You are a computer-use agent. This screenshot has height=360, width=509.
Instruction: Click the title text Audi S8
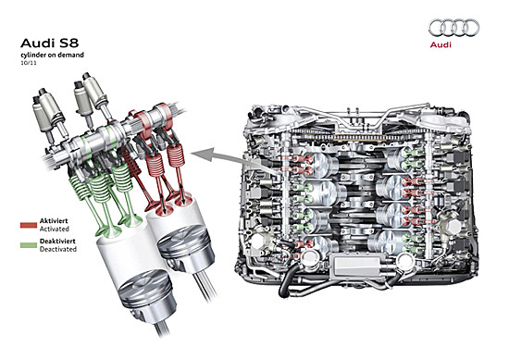coord(49,43)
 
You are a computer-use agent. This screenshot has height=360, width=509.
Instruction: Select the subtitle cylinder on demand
coord(52,55)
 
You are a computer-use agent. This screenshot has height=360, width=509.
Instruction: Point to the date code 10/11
coord(29,63)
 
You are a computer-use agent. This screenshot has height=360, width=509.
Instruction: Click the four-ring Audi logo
coord(453,28)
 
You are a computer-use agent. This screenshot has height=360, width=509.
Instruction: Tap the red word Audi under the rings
coord(441,44)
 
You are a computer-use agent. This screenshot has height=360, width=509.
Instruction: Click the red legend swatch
coord(29,225)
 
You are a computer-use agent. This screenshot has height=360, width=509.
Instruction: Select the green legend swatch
coord(29,245)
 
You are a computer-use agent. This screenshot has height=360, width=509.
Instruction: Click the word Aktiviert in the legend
coord(54,221)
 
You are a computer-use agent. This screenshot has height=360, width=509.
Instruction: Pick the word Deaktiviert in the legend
coord(57,242)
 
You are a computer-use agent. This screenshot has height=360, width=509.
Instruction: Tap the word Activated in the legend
coord(55,229)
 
